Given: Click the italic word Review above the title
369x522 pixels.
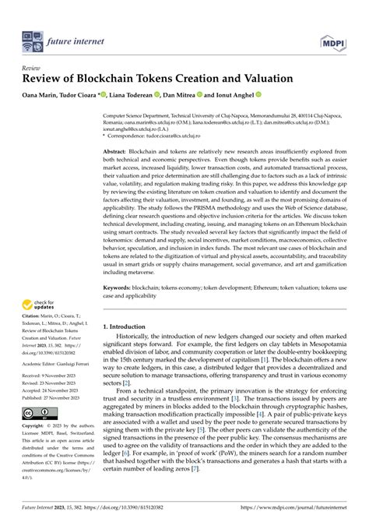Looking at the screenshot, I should coord(30,68).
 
